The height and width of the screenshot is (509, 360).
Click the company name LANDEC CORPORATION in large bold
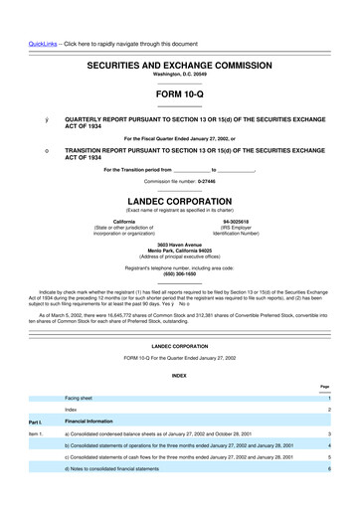coord(179,201)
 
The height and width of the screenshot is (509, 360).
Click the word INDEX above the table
coord(179,376)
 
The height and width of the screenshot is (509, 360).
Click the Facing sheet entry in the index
coord(80,398)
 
